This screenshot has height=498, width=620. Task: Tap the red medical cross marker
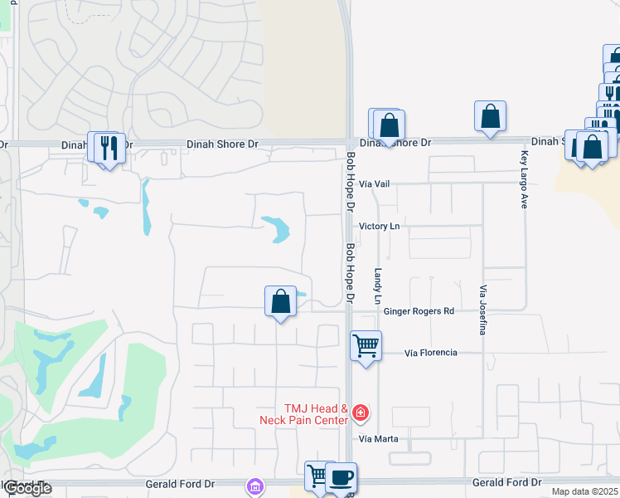pyautogui.click(x=361, y=412)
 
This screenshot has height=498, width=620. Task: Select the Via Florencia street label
pyautogui.click(x=430, y=353)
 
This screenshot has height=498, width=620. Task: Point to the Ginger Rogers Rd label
pyautogui.click(x=419, y=311)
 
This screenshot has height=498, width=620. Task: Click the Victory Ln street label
pyautogui.click(x=379, y=227)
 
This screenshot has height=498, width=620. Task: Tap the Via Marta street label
pyautogui.click(x=379, y=438)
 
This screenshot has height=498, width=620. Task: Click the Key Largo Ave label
pyautogui.click(x=524, y=179)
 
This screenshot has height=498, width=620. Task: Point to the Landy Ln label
pyautogui.click(x=378, y=285)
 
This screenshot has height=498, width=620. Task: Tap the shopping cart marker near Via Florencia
pyautogui.click(x=366, y=344)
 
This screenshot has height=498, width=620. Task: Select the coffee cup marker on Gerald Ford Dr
pyautogui.click(x=340, y=477)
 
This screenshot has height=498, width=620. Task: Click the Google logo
pyautogui.click(x=27, y=488)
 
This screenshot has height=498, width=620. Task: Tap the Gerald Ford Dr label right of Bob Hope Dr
pyautogui.click(x=506, y=482)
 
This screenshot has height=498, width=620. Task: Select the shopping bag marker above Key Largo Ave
pyautogui.click(x=490, y=117)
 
